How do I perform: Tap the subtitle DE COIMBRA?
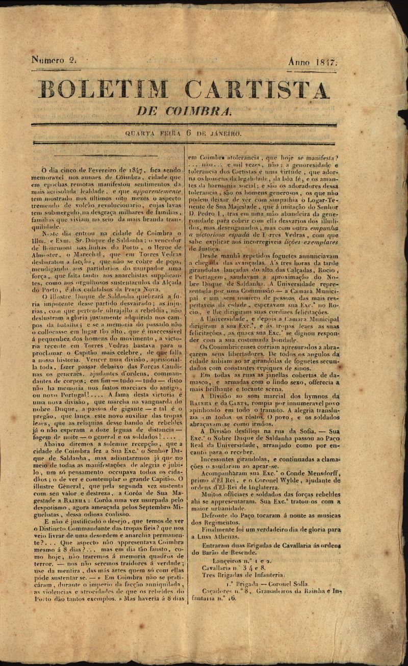[x=184, y=111]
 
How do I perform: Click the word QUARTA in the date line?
[x=141, y=134]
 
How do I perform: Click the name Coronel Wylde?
[x=270, y=480]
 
